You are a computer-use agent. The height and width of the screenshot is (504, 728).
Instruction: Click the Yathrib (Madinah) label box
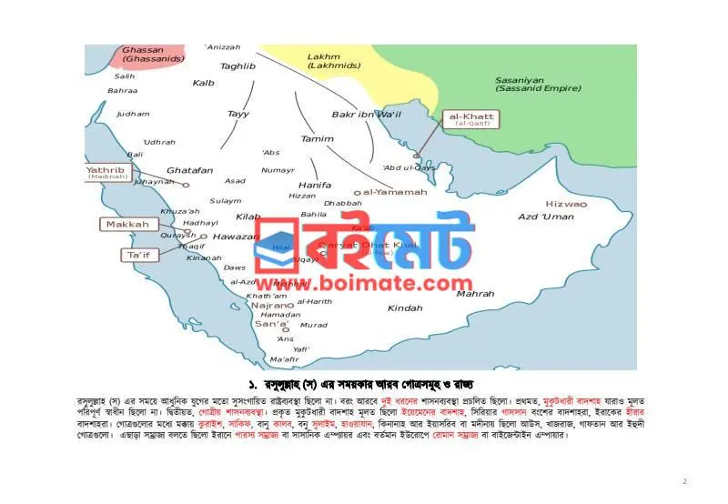[x=107, y=172]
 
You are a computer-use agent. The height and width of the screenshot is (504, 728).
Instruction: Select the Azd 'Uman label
[x=546, y=217]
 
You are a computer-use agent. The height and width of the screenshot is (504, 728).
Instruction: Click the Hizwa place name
[x=566, y=204]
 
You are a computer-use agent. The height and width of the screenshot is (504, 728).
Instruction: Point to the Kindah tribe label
[x=405, y=308]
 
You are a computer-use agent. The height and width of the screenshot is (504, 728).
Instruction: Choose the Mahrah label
[x=475, y=294]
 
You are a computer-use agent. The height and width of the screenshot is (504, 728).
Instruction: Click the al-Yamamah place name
[x=396, y=192]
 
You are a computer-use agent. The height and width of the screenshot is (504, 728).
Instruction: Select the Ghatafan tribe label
[x=189, y=170]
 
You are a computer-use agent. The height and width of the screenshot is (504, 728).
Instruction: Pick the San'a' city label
[x=271, y=325]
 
